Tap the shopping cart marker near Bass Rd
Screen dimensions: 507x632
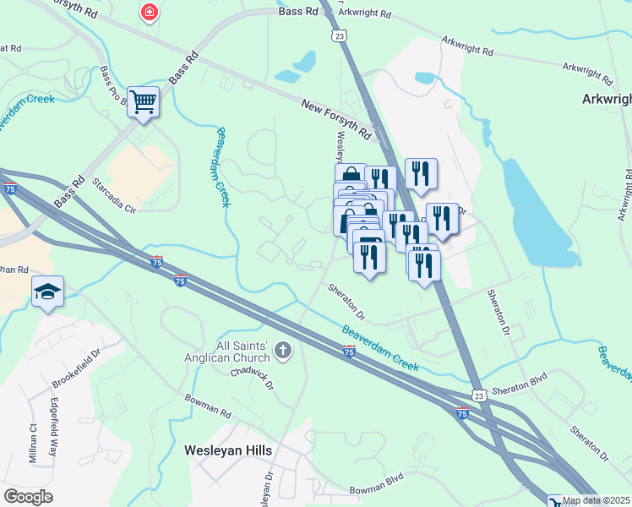143,102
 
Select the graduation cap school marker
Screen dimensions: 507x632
47,292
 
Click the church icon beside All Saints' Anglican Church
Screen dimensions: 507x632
284,350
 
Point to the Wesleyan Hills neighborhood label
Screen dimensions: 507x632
228,450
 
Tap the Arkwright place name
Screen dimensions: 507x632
606,99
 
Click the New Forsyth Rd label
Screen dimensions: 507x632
337,118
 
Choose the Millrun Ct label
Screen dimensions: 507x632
33,443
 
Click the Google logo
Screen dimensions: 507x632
29,497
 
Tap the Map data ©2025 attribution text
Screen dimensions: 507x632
597,500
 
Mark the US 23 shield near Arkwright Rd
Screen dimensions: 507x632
339,36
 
